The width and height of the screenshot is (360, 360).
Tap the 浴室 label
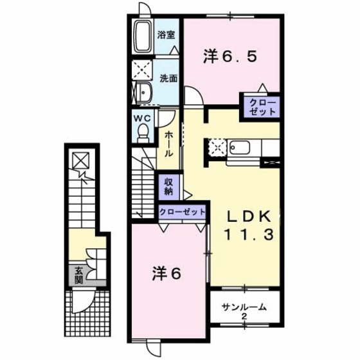[166, 35]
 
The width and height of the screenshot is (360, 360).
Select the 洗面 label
[168, 78]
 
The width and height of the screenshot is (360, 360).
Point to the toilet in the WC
[143, 132]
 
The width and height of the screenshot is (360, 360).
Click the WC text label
[142, 118]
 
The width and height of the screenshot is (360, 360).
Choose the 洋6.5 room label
[230, 57]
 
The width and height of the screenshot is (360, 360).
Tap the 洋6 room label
[166, 274]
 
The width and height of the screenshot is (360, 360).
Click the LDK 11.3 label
[249, 226]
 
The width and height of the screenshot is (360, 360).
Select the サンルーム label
[244, 307]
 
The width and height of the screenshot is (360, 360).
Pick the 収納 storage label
[168, 186]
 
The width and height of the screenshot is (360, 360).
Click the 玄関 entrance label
[78, 276]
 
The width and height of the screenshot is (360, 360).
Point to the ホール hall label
[168, 143]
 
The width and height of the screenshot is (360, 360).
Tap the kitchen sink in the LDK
[240, 148]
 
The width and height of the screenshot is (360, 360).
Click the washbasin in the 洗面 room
[143, 93]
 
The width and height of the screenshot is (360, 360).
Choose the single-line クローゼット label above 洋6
[183, 212]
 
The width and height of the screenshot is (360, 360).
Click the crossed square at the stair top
[81, 160]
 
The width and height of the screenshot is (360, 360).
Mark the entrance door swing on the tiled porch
[83, 302]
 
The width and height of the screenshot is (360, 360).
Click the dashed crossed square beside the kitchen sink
[217, 148]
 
